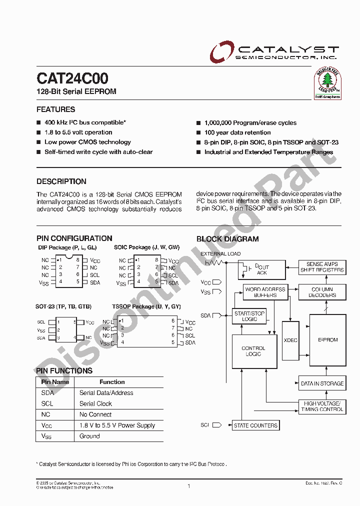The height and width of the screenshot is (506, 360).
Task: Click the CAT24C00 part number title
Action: pyautogui.click(x=72, y=79)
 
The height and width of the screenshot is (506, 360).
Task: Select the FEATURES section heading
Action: pyautogui.click(x=56, y=109)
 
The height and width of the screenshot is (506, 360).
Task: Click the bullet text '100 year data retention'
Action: pyautogui.click(x=237, y=132)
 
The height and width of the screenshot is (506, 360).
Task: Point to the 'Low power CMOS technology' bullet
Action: pyautogui.click(x=87, y=142)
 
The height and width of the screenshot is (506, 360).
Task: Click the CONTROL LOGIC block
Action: pyautogui.click(x=253, y=351)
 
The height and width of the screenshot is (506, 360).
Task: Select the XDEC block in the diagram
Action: pyautogui.click(x=290, y=340)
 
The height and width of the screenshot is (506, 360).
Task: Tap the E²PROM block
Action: pyautogui.click(x=328, y=340)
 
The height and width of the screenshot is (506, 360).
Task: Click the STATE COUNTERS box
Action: pyautogui.click(x=255, y=425)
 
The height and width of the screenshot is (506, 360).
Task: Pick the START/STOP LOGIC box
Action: pyautogui.click(x=249, y=316)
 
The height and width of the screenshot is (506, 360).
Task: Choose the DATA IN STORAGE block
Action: pyautogui.click(x=322, y=383)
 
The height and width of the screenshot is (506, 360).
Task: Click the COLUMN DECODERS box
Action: pyautogui.click(x=322, y=292)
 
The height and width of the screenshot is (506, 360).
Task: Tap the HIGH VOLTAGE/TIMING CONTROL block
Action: pyautogui.click(x=322, y=406)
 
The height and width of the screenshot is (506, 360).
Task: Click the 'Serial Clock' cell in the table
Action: pyautogui.click(x=95, y=403)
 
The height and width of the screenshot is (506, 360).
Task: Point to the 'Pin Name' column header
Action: pyautogui.click(x=55, y=382)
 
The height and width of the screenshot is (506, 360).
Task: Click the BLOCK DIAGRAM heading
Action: pyautogui.click(x=227, y=239)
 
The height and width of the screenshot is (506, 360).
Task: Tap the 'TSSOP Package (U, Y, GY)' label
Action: pyautogui.click(x=146, y=306)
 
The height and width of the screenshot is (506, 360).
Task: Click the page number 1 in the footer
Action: pyautogui.click(x=189, y=485)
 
